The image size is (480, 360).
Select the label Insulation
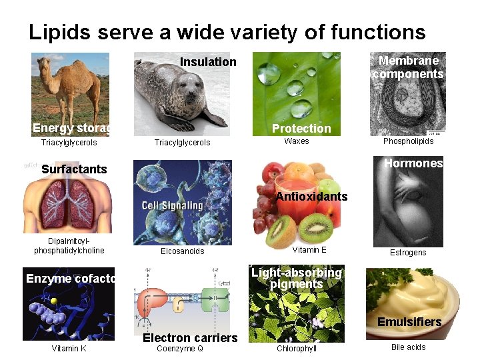208,62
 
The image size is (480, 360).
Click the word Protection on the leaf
301,129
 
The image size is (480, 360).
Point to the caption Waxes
297,141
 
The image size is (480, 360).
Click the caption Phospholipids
408,141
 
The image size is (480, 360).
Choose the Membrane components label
408,67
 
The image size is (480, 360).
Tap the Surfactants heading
74,169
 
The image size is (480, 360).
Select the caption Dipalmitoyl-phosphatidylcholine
69,246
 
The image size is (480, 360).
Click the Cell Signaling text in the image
172,205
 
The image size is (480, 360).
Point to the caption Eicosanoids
183,251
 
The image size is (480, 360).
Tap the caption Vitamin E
310,249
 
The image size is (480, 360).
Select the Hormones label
413,163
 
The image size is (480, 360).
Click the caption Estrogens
408,253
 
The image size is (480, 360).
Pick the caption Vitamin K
69,348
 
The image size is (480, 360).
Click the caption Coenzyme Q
180,348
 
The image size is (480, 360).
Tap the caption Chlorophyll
297,348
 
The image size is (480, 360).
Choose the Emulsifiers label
409,322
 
